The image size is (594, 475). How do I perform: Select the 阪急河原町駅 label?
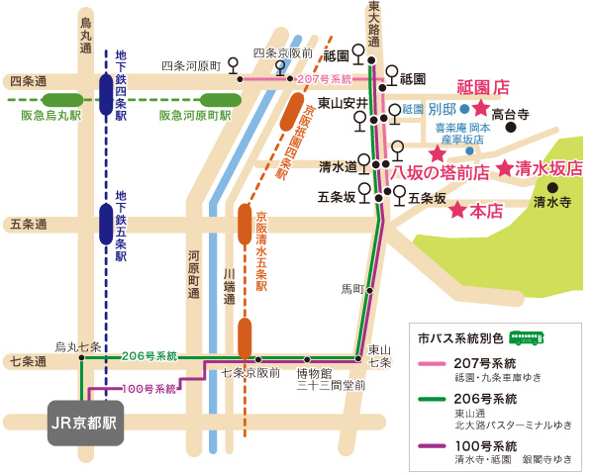coord(194,116)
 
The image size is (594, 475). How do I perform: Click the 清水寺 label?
coord(552,203)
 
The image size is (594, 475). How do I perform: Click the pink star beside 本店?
coord(457,211)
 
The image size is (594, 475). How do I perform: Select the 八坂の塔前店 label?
coord(440,172)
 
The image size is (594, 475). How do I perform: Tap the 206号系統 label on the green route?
coord(149,355)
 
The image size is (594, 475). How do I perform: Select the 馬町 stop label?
coord(352,289)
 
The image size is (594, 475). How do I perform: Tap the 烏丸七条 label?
coord(77,346)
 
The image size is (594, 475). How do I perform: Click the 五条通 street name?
coord(29,225)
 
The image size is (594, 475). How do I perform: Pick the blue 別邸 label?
coord(442,109)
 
